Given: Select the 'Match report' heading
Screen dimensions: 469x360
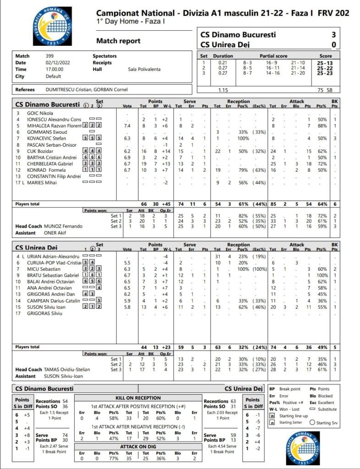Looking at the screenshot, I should coord(118,41).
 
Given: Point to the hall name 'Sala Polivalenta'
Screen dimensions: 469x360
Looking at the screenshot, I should coord(144,69).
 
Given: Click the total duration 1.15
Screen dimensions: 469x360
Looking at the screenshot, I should coord(223,90).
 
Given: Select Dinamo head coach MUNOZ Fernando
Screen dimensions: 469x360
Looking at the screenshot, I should coord(63,226).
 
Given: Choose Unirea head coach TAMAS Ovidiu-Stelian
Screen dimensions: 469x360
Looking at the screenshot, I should coord(67,370).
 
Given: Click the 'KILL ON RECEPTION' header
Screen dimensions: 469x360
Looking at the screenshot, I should coord(137,398).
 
